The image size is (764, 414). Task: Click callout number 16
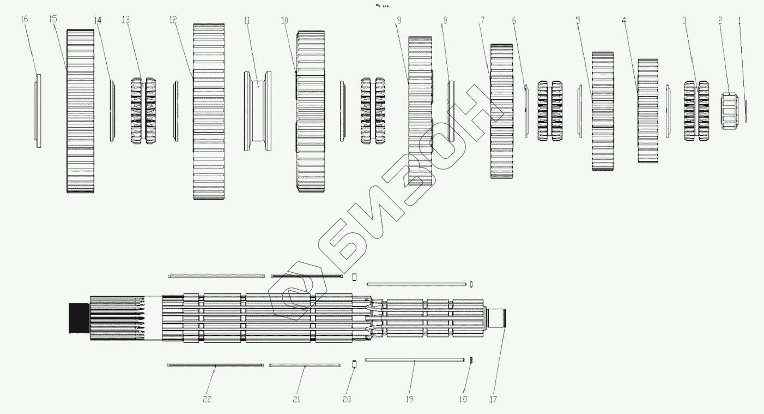point(23,20)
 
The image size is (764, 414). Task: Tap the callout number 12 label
point(173,20)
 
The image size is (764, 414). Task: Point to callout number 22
point(207,399)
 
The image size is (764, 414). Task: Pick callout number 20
point(347,399)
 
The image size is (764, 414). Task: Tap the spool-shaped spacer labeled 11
point(258,111)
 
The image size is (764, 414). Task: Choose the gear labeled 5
point(603,111)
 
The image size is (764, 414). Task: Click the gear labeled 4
point(648,111)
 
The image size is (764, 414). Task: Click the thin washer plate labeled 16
point(38,111)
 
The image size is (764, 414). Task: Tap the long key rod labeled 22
point(215,365)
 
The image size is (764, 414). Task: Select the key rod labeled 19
point(414,359)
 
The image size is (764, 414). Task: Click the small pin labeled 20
point(353,364)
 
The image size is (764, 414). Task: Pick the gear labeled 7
point(502,111)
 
